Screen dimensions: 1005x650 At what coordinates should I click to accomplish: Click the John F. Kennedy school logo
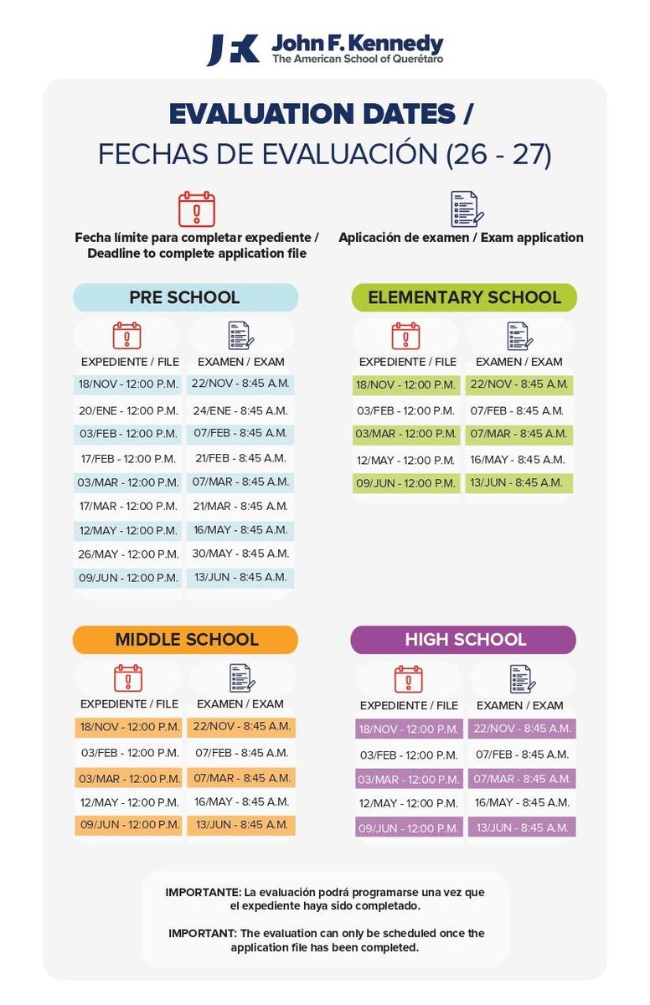point(325,49)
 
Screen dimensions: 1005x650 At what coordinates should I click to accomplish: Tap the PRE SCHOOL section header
point(185,297)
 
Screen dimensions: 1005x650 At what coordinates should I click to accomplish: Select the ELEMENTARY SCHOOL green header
point(464,297)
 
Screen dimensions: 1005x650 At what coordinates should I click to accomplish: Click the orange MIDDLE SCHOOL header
point(185,640)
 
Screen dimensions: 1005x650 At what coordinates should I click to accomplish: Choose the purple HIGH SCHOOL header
point(464,640)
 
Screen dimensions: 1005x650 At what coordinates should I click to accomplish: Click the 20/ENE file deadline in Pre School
point(128,410)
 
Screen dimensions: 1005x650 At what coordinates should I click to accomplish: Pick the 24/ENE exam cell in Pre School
point(240,410)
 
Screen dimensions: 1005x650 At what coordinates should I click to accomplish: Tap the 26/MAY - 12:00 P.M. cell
point(128,554)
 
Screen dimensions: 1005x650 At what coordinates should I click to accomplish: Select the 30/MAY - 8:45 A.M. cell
point(240,554)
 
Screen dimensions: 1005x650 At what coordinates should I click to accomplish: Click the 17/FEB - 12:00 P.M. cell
point(128,458)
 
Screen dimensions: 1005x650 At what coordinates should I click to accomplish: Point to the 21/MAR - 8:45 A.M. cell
point(240,506)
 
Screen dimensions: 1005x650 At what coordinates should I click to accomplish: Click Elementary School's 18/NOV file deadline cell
point(406,384)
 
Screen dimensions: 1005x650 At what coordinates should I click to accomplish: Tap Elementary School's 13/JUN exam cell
point(518,482)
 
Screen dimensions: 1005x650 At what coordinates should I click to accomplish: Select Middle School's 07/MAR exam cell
point(241,778)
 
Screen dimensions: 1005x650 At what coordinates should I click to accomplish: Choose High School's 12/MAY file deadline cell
point(409,803)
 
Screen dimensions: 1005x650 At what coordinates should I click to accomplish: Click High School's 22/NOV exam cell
point(522,729)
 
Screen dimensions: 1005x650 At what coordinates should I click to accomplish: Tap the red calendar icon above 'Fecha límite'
point(197,209)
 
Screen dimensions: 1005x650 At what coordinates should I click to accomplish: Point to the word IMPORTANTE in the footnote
point(198,893)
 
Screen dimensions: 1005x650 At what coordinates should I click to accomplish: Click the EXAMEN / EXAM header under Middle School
point(240,704)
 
